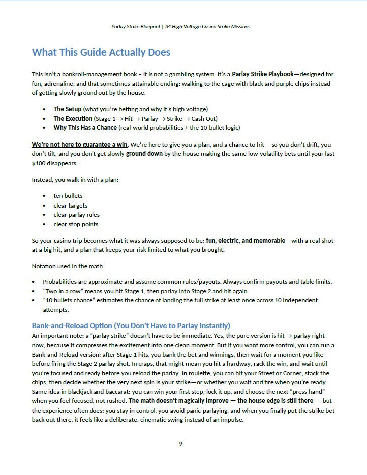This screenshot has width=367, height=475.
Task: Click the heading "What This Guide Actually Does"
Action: point(101,52)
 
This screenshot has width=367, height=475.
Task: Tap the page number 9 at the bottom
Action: point(180,443)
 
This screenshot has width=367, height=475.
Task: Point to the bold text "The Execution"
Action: point(73,118)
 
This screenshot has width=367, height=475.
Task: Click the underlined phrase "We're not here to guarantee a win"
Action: point(80,145)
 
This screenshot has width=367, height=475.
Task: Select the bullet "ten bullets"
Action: point(68,195)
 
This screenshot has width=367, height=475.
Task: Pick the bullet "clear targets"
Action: point(70,205)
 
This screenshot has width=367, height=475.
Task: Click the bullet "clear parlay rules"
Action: point(77,215)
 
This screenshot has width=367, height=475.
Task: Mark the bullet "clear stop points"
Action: point(76,224)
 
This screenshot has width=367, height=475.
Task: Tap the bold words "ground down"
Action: point(144,154)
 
